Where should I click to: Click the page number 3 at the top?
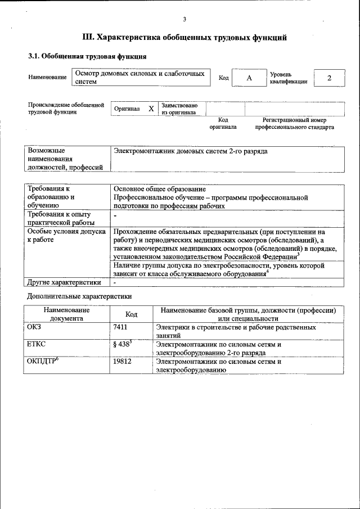pos(184,20)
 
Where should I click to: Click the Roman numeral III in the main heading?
pos(88,38)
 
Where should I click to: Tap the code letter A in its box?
pos(249,78)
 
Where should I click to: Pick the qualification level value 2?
pos(329,78)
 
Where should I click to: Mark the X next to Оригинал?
pos(151,109)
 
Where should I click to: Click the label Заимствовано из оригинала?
pos(179,109)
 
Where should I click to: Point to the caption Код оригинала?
pos(223,123)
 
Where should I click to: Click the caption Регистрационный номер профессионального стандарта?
pos(294,123)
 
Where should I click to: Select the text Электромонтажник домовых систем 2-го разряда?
pos(191,151)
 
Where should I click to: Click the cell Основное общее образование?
pos(160,190)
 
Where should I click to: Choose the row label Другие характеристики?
pos(64,282)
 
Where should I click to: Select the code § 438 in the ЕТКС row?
pos(122,344)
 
